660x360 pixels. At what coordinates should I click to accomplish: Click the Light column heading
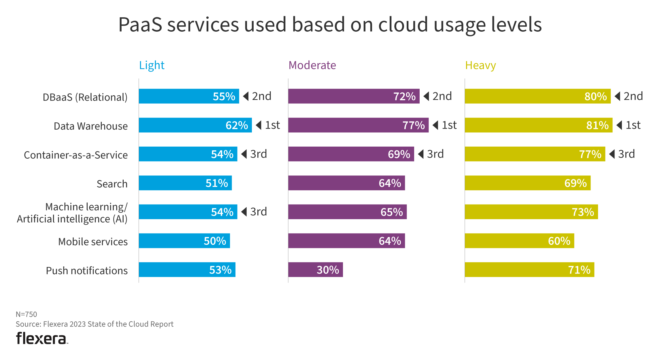(x=152, y=65)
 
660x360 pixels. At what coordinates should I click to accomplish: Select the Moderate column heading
(x=312, y=65)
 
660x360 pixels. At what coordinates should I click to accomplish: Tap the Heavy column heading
(x=480, y=65)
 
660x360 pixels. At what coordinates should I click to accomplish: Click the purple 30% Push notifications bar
(x=315, y=270)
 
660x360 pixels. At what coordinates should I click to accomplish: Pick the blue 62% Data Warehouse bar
(x=195, y=125)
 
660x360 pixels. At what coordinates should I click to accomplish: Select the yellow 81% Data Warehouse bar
(x=538, y=125)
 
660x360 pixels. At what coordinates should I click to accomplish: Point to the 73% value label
(x=583, y=212)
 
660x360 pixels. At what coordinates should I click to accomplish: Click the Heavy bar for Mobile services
(x=519, y=241)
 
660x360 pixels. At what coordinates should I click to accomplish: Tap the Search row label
(x=112, y=184)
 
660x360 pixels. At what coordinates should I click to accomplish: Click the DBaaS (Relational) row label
(x=85, y=97)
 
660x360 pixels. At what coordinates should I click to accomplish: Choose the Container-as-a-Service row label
(x=76, y=155)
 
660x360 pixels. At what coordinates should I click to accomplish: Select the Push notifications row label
(x=86, y=271)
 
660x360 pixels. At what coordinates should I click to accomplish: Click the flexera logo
(x=42, y=338)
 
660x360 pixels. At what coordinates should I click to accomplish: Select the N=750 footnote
(x=26, y=314)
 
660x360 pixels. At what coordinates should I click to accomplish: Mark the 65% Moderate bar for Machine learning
(x=347, y=212)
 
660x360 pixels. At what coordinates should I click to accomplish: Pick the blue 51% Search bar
(x=185, y=183)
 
